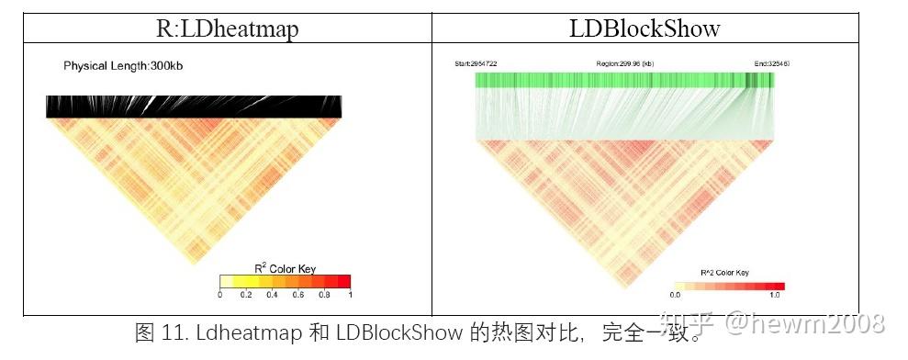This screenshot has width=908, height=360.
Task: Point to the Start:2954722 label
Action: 476,63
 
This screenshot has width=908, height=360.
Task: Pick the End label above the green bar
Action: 771,63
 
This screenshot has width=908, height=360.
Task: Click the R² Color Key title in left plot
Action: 285,268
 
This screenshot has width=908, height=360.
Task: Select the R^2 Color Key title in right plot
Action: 724,273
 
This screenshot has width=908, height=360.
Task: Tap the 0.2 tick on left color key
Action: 246,296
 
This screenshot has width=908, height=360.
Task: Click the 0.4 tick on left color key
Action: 273,296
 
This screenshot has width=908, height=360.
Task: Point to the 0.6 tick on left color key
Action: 298,296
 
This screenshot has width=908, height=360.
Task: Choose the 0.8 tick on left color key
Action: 324,296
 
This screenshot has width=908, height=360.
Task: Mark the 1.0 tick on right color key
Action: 774,296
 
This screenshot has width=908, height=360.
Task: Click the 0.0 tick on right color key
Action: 675,296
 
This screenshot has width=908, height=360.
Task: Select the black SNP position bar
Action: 194,107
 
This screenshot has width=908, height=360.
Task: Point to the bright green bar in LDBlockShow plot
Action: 624,80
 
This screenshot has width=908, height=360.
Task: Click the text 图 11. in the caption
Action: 156,332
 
